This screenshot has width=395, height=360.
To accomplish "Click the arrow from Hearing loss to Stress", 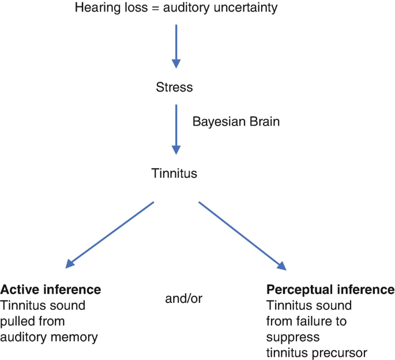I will (x=177, y=43).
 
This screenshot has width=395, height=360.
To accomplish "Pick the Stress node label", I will (x=174, y=88).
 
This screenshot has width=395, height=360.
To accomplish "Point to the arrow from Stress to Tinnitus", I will (x=177, y=130).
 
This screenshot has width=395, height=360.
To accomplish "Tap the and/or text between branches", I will (x=182, y=299).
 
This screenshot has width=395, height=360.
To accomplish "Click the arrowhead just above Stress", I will (x=177, y=63).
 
